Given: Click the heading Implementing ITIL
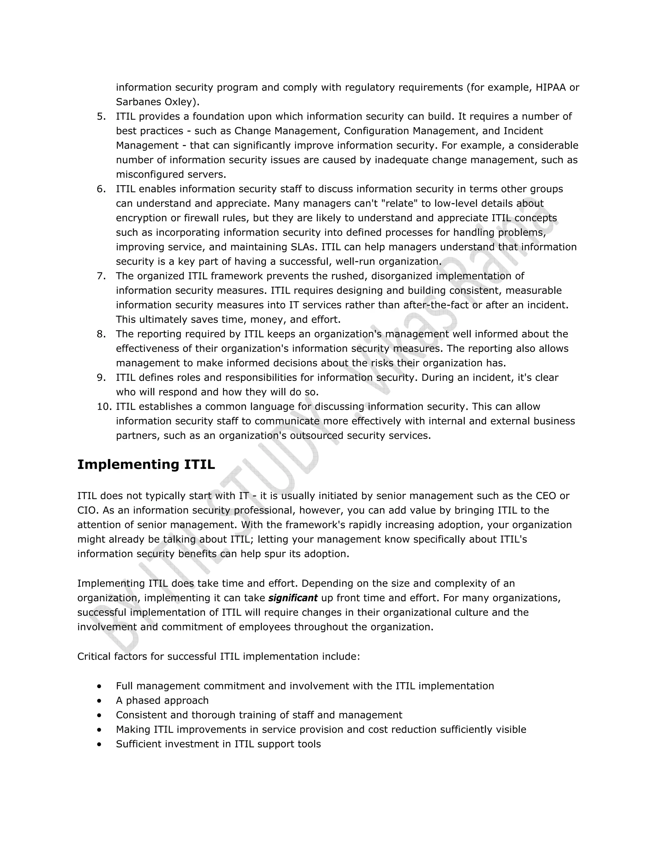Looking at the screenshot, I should click(146, 464).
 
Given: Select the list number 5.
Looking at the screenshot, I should click(101, 117).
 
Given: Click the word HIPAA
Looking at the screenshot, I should click(551, 87).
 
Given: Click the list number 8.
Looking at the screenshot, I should click(101, 334).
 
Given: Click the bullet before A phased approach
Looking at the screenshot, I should click(100, 701).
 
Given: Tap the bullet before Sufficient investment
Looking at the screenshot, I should click(100, 744).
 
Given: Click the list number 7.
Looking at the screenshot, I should click(101, 276).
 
